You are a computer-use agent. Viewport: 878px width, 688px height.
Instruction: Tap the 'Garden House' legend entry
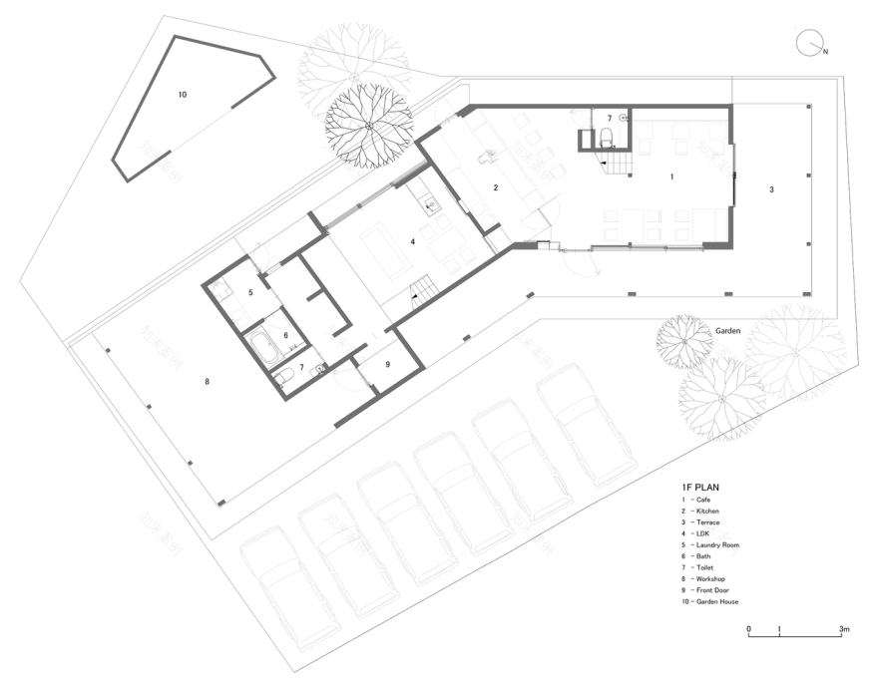(x=717, y=602)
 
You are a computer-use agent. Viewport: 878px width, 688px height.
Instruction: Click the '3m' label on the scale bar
(x=843, y=629)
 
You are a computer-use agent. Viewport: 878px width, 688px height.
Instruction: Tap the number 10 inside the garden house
(x=182, y=95)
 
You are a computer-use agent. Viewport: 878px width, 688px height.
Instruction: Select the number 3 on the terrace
(x=770, y=188)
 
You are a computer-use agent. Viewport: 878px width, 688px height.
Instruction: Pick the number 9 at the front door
(x=388, y=364)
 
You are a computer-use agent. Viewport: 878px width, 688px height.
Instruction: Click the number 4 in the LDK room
(x=411, y=241)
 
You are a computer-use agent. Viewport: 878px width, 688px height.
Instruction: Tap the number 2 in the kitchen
(x=495, y=187)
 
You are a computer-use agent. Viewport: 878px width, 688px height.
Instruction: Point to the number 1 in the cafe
(x=671, y=176)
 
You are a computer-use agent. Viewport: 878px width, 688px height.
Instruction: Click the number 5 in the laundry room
(x=251, y=292)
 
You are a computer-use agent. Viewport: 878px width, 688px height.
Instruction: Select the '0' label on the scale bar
(x=748, y=629)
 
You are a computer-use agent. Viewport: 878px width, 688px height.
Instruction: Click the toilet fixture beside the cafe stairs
(x=607, y=138)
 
